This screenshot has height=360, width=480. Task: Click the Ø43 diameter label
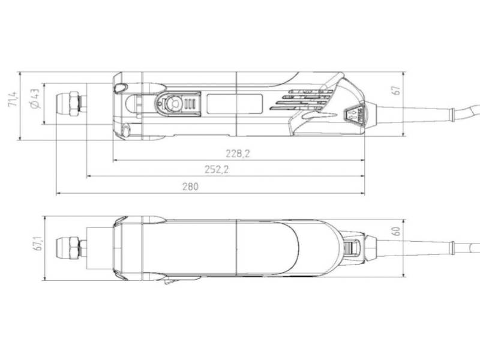coord(34,97)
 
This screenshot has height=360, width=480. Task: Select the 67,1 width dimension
coord(39,243)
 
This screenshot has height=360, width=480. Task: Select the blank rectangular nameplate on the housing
coord(235,104)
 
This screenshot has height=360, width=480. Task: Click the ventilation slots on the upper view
coord(306,100)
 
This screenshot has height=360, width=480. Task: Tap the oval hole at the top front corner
coord(119,88)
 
